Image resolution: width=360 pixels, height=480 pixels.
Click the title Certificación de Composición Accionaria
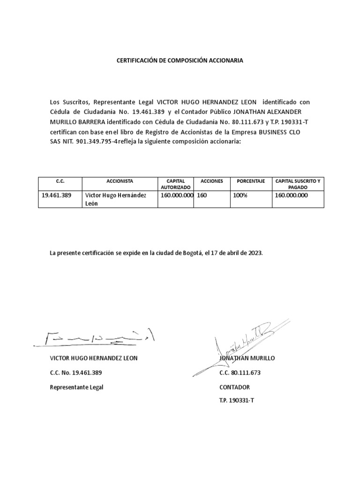click(180, 61)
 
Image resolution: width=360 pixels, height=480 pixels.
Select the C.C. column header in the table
click(60, 181)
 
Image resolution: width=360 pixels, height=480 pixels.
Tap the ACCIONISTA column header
click(120, 181)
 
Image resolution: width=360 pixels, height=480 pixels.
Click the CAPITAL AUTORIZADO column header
click(176, 184)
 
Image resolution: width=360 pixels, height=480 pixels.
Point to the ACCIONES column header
click(211, 181)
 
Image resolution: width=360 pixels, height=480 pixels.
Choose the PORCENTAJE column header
click(251, 181)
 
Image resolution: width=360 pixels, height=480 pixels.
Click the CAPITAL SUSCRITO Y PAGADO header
click(298, 184)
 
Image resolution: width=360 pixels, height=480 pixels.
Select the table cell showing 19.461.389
click(57, 195)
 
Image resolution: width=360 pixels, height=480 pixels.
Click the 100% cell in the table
click(240, 195)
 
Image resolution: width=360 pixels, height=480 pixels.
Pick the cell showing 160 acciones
click(202, 195)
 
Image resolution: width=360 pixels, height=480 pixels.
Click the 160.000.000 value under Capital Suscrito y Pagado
click(291, 195)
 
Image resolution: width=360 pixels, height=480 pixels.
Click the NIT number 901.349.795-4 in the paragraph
click(97, 142)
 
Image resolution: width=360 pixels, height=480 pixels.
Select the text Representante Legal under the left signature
click(76, 387)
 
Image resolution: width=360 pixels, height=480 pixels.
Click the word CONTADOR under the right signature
click(234, 387)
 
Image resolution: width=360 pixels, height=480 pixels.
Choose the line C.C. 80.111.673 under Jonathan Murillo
click(240, 373)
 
